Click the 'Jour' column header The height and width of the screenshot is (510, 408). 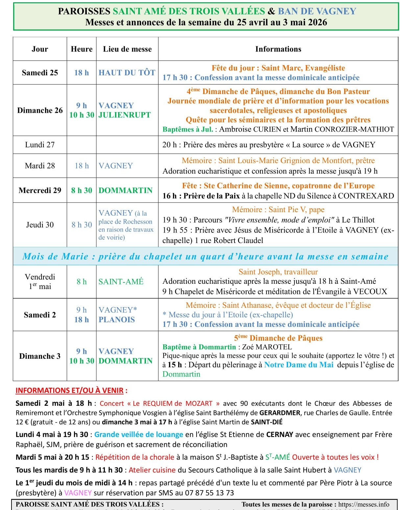[x=40, y=49]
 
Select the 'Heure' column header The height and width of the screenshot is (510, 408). [x=82, y=49]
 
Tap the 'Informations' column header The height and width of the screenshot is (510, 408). [x=278, y=49]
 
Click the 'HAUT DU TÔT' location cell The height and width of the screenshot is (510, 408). [x=127, y=73]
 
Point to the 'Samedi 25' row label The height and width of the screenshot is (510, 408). [x=40, y=73]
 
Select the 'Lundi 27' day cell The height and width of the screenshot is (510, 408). [x=40, y=145]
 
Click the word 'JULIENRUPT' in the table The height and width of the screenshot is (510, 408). [x=125, y=115]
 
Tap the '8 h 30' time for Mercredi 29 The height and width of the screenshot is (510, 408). [x=82, y=190]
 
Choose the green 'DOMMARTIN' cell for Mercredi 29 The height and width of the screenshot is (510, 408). [x=126, y=190]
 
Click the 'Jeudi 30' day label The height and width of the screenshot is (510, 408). [x=40, y=225]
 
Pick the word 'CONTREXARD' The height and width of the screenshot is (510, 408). [x=366, y=196]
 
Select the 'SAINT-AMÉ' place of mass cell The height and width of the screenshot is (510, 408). [x=121, y=282]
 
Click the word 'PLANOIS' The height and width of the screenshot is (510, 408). [x=117, y=320]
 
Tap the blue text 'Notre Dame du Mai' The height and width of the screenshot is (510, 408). [x=299, y=365]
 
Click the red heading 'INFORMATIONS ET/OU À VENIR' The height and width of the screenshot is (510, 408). [x=69, y=391]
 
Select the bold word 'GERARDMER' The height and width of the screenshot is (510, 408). [x=280, y=413]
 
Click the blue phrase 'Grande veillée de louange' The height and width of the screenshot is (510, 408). [x=138, y=435]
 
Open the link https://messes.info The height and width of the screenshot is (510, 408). [x=364, y=504]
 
